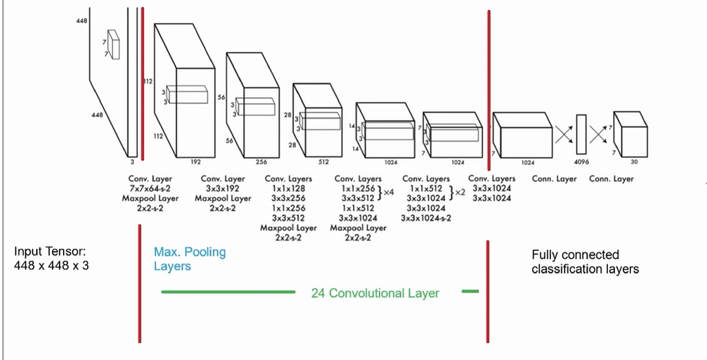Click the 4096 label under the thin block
581,161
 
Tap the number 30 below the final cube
633,161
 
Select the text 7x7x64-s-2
141,189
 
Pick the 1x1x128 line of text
288,189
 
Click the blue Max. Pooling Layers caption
189,259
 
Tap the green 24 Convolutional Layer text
375,293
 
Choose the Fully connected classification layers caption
585,262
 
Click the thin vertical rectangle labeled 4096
581,135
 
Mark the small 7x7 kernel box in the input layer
113,44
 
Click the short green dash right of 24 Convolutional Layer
471,291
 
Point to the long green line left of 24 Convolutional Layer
227,292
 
